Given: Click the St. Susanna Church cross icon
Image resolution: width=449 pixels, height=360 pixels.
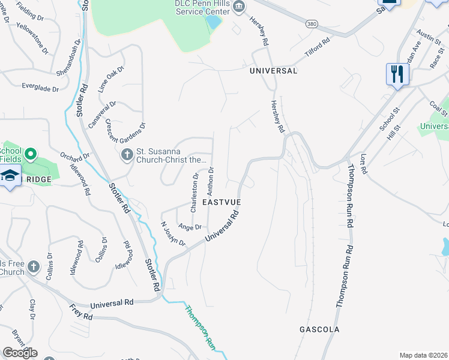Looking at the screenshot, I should (x=127, y=155).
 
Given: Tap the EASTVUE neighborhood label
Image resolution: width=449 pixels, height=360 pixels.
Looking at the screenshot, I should (x=221, y=203).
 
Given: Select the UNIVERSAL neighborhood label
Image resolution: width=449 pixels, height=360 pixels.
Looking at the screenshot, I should (x=274, y=71).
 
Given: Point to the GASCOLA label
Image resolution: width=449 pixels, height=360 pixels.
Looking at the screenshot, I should (x=319, y=329).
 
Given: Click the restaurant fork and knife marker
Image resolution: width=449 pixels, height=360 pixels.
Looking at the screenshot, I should (x=397, y=74).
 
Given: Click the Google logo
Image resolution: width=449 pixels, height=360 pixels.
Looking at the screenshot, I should (x=20, y=353).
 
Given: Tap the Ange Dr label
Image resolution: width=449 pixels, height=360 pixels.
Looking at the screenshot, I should (x=190, y=227).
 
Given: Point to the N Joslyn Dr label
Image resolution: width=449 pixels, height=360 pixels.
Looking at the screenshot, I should (x=173, y=235).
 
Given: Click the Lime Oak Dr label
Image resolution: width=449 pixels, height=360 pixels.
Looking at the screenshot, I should (x=111, y=77).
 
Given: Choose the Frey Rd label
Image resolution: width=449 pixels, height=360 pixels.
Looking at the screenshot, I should (x=80, y=312).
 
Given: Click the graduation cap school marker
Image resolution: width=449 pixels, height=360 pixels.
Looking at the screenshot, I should (x=10, y=176).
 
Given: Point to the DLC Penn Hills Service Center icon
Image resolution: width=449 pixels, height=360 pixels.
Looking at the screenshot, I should (x=239, y=7).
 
